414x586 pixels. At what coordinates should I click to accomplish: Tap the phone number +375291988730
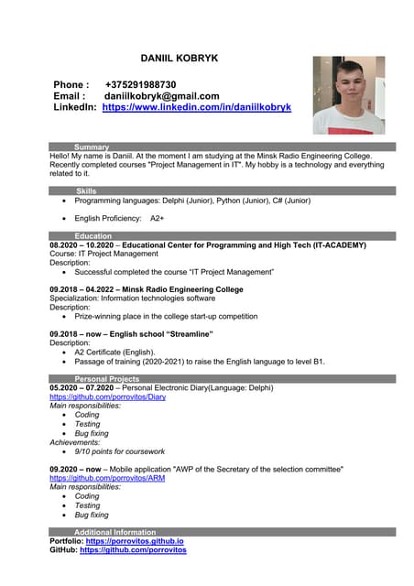click(x=140, y=84)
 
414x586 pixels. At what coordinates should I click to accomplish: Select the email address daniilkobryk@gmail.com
click(x=161, y=96)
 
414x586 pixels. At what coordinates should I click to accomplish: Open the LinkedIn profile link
click(x=196, y=107)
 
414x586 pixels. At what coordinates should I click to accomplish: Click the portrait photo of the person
click(x=348, y=95)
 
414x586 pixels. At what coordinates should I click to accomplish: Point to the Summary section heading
click(x=92, y=146)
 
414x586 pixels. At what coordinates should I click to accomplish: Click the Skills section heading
click(x=86, y=190)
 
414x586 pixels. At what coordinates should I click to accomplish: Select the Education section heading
click(x=93, y=236)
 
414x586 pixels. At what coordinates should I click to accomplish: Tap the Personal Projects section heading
click(x=107, y=378)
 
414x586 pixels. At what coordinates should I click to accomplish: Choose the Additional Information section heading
click(x=114, y=532)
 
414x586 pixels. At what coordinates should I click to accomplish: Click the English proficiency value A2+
click(x=157, y=219)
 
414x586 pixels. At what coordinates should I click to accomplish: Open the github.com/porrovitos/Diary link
click(x=107, y=397)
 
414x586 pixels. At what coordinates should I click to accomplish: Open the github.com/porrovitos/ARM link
click(x=107, y=478)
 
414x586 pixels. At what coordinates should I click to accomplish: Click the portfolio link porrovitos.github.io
click(x=135, y=541)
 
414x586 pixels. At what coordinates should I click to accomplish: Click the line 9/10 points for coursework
click(x=119, y=451)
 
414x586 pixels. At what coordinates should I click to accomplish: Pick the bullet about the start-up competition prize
click(x=166, y=317)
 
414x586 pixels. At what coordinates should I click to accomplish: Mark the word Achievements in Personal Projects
click(x=76, y=442)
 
